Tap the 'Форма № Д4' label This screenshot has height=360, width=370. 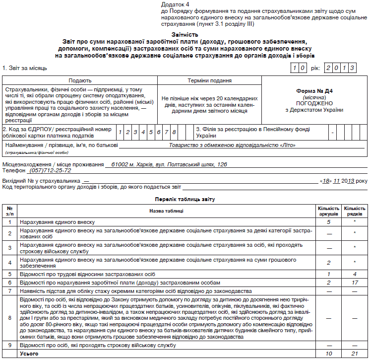pyautogui.click(x=314, y=91)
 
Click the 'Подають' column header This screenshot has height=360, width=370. pyautogui.click(x=80, y=80)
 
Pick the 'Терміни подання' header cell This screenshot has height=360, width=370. pyautogui.click(x=210, y=80)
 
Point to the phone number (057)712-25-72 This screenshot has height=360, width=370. pyautogui.click(x=50, y=170)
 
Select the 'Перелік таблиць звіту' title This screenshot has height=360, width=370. pyautogui.click(x=185, y=199)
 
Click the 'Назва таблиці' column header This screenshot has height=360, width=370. pyautogui.click(x=167, y=211)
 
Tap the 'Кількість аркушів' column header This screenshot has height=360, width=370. pyautogui.click(x=328, y=211)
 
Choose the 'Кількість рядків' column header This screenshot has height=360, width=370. pyautogui.click(x=354, y=211)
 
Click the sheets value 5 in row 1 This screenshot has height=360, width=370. pyautogui.click(x=328, y=222)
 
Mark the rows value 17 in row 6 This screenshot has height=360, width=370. pyautogui.click(x=354, y=282)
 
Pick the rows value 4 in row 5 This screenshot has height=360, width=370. pyautogui.click(x=354, y=274)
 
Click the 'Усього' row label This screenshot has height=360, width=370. pyautogui.click(x=29, y=353)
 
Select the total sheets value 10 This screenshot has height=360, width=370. pyautogui.click(x=328, y=353)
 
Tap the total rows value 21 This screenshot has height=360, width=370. pyautogui.click(x=354, y=353)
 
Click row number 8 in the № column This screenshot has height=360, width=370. pyautogui.click(x=9, y=318)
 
